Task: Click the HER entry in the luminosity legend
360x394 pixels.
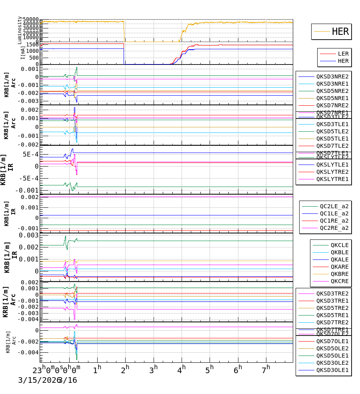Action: pos(340,32)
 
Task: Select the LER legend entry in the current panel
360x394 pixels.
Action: pos(343,54)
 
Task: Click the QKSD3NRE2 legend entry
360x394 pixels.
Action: pos(332,76)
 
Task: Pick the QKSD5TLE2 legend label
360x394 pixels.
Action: pos(332,131)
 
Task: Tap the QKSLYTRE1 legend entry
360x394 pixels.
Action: pos(332,179)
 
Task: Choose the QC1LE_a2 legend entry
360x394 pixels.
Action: pos(334,214)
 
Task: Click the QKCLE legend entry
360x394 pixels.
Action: pos(339,245)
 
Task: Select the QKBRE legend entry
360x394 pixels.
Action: pos(339,274)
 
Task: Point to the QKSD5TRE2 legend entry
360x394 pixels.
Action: pos(332,308)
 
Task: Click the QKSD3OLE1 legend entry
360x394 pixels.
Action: pos(332,370)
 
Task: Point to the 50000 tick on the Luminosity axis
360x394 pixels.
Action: pos(31,20)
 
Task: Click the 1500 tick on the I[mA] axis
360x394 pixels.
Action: pos(33,44)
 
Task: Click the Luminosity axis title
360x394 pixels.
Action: pos(20,30)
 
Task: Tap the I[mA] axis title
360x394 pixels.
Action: pos(23,52)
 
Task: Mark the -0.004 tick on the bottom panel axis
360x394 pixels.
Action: pos(31,353)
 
